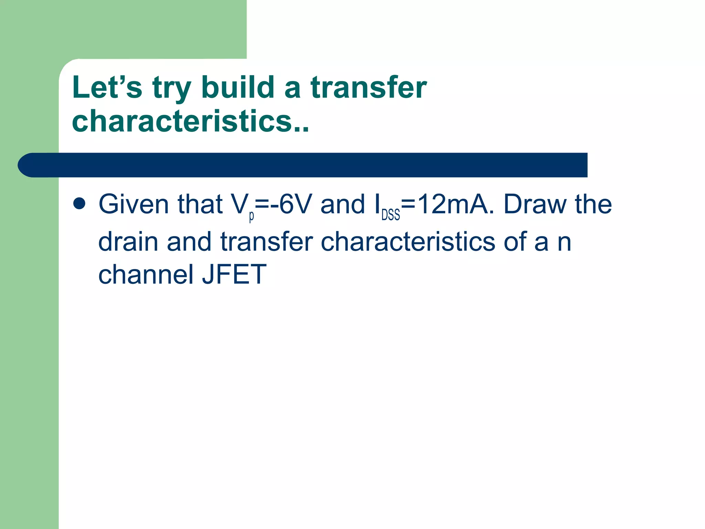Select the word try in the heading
coord(171,89)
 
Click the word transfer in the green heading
coord(369,87)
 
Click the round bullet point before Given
coord(79,204)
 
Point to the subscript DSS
coord(390,215)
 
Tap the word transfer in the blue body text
coord(267,242)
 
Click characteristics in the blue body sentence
coord(408,242)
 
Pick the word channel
coord(146,274)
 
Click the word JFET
coord(234,274)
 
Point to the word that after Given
coord(200,205)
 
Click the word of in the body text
coord(515,242)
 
